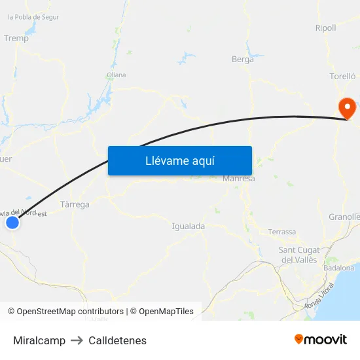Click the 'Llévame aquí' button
click(x=179, y=160)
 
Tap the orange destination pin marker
click(x=345, y=107)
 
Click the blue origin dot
click(x=12, y=223)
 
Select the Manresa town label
click(x=238, y=178)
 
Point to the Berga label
click(x=243, y=59)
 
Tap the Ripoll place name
click(x=325, y=28)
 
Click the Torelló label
click(x=342, y=77)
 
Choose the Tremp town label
click(x=16, y=38)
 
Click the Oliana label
click(x=116, y=75)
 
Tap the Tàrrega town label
click(x=75, y=204)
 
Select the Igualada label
click(x=188, y=226)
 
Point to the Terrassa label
click(x=282, y=232)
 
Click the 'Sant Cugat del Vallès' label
click(x=298, y=255)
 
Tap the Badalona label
click(x=338, y=268)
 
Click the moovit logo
click(x=320, y=339)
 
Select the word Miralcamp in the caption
click(x=39, y=340)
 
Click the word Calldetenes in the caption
click(x=117, y=340)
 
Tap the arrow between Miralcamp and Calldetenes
click(x=77, y=340)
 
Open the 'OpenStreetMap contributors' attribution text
click(x=70, y=312)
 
